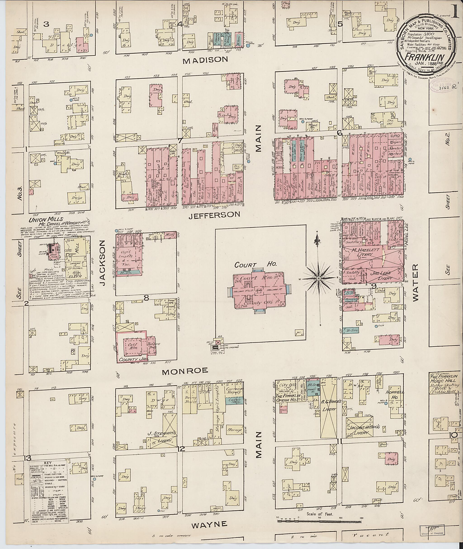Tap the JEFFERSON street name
click(214, 215)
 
